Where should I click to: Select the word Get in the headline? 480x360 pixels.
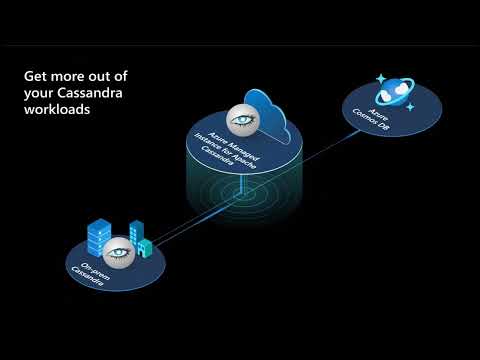point(36,75)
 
